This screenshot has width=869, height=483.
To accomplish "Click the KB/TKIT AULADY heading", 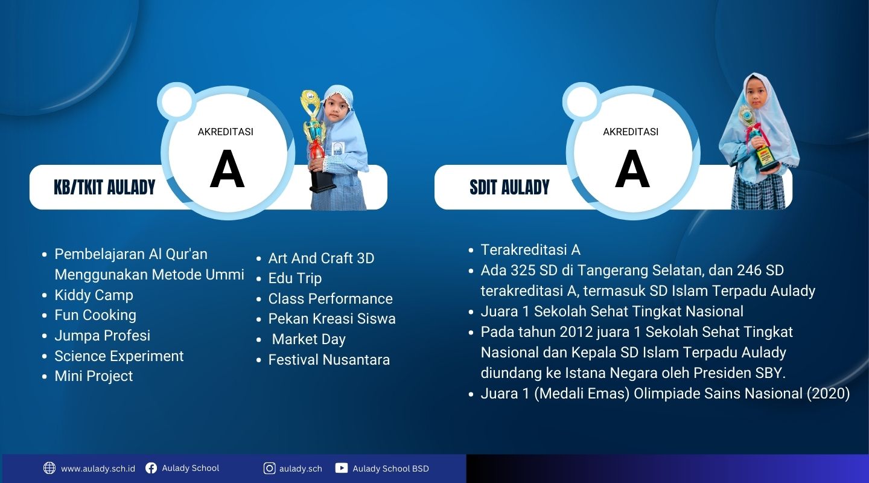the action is tap(104, 187).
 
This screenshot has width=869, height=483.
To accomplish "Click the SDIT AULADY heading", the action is tap(509, 187).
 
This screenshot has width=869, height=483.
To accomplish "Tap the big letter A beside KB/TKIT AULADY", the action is tap(228, 169).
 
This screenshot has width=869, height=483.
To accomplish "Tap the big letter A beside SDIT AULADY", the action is tap(632, 169).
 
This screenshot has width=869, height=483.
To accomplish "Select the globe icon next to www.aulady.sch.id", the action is tap(49, 468).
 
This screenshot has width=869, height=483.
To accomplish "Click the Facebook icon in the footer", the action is tap(151, 468).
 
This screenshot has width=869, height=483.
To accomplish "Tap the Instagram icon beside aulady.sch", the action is tap(270, 469).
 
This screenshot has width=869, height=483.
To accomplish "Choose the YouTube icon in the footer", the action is tap(342, 468).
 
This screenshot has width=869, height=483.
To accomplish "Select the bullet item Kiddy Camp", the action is tap(94, 295).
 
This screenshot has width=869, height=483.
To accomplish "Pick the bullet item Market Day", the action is tap(309, 339).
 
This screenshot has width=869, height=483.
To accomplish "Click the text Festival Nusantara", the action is tap(329, 359).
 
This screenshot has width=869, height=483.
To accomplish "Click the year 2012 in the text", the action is tap(576, 332).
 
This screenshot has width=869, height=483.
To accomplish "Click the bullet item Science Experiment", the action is tap(119, 356).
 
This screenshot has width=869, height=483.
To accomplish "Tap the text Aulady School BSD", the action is tap(390, 469).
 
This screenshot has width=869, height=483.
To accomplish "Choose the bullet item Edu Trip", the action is tap(295, 278).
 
